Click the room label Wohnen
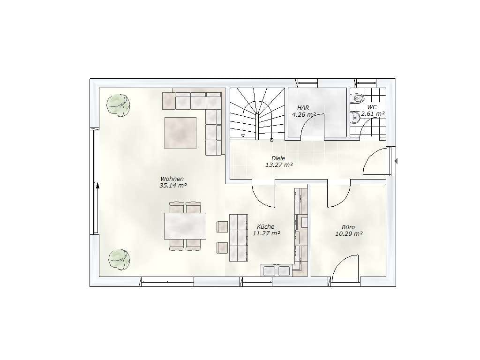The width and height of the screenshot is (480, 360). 172,179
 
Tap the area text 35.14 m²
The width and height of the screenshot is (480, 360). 173,186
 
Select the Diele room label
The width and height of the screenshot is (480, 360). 278,158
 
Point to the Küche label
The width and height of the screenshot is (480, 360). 265,226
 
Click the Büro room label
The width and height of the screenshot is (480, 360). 348,227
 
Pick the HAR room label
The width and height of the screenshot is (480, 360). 303,108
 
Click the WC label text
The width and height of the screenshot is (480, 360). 372,107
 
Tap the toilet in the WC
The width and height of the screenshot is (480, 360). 357,98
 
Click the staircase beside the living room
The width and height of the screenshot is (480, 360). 257,113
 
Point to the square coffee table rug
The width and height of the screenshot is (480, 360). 180,133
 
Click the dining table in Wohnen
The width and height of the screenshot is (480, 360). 185,226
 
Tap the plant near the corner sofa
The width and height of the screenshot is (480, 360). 118,105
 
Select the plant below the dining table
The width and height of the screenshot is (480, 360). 119,260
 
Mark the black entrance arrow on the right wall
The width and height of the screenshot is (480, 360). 396,161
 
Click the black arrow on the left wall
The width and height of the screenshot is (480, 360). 97,186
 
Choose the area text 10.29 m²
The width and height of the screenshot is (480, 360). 349,234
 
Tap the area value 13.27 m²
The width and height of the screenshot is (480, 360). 279,165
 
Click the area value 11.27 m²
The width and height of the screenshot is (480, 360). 266,233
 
